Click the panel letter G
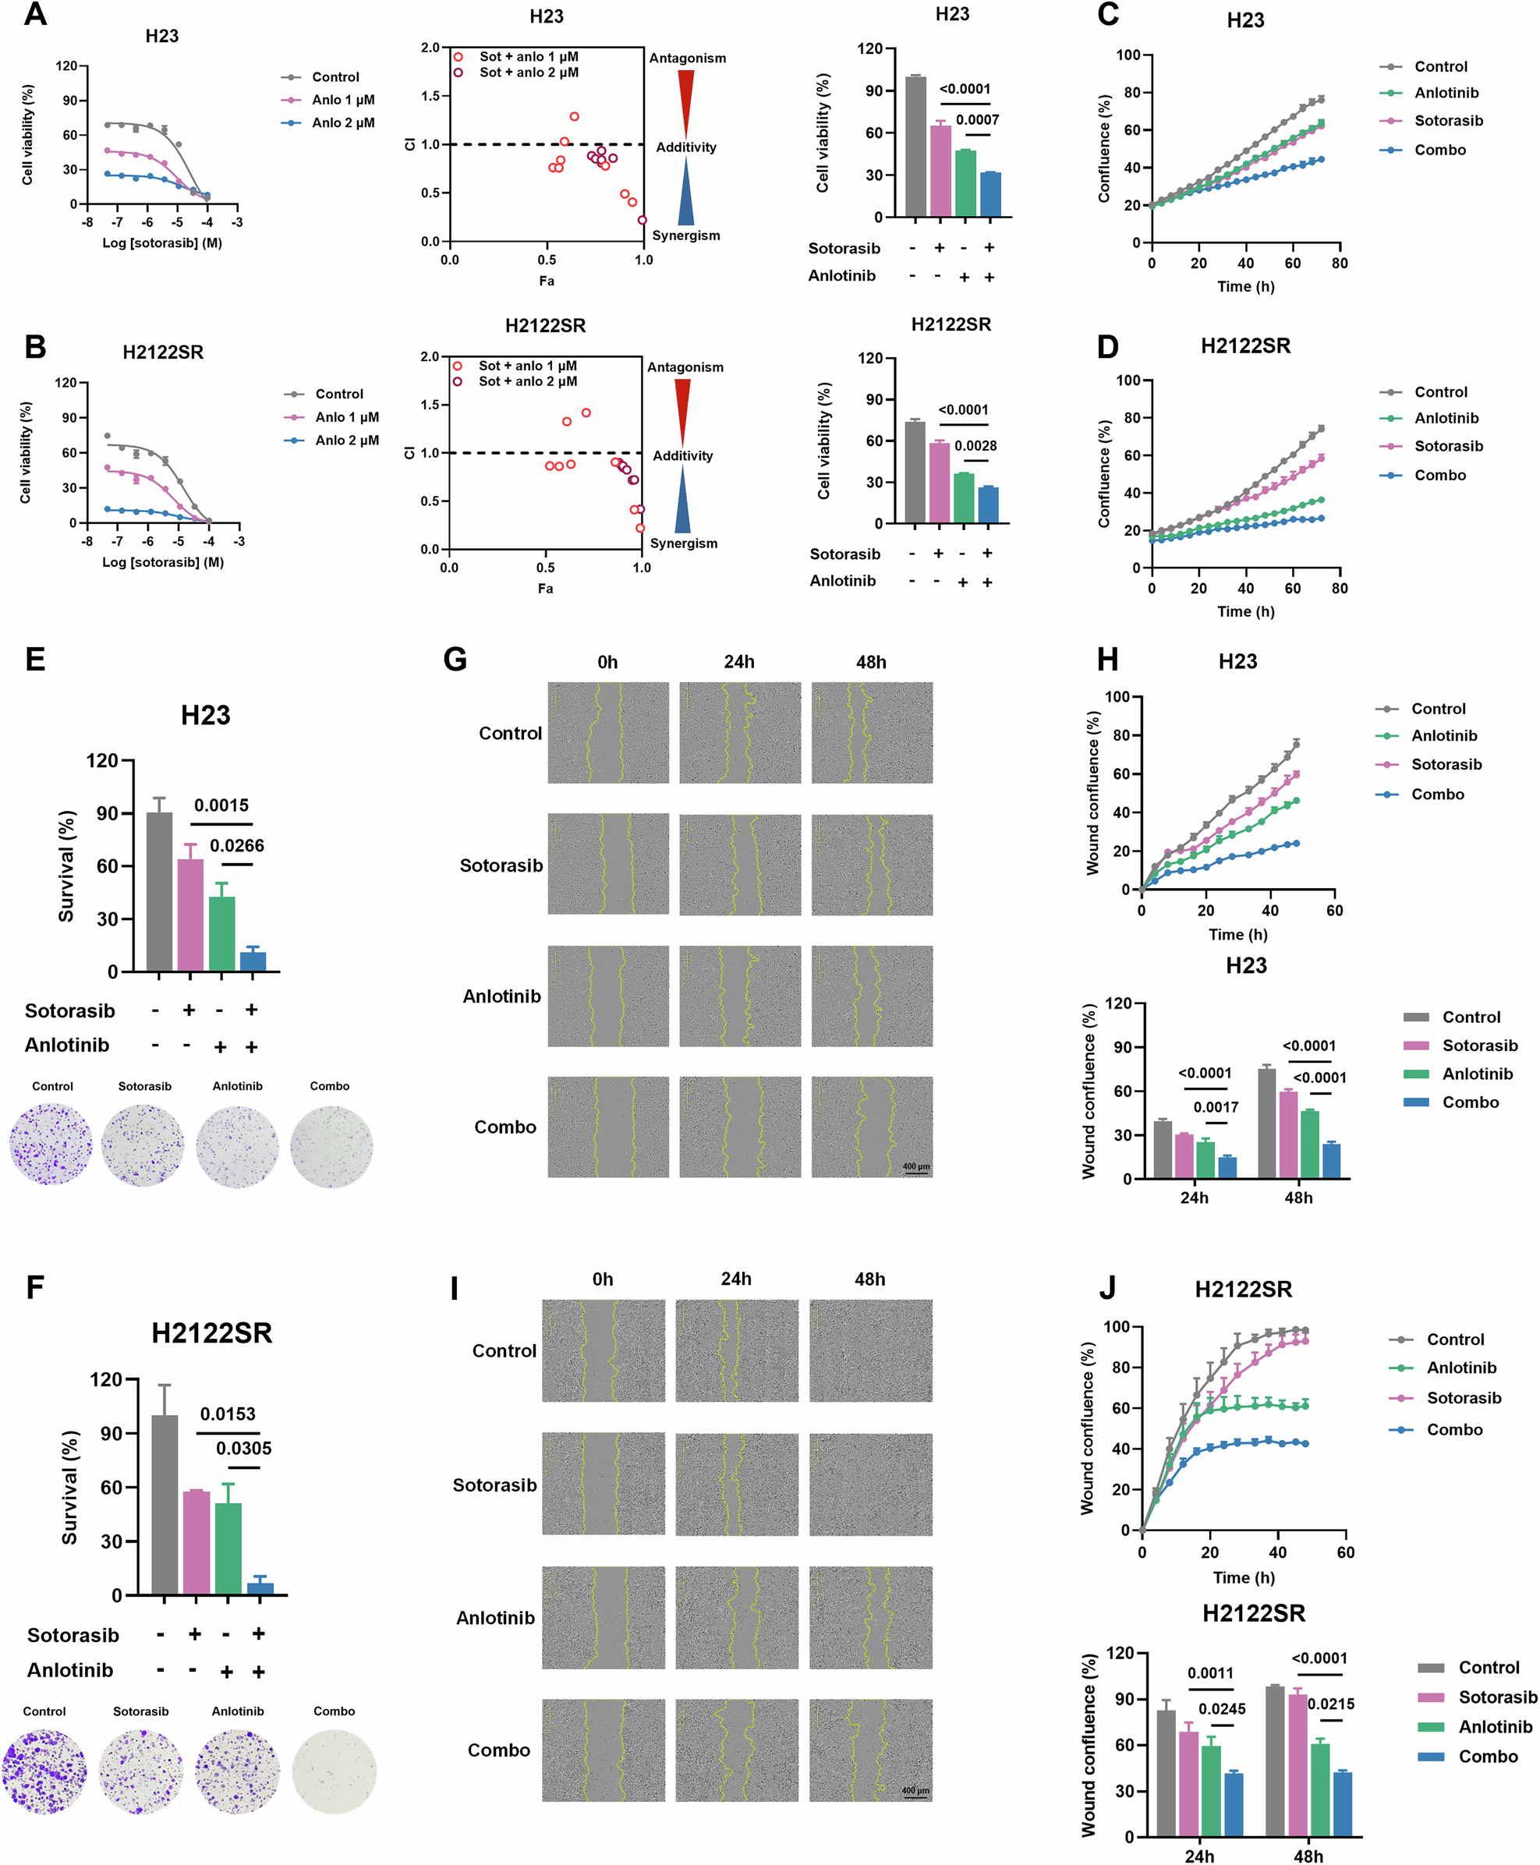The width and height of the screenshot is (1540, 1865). (x=455, y=660)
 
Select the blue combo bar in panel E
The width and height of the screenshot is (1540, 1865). (x=253, y=961)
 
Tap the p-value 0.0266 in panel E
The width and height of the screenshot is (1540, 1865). (x=237, y=845)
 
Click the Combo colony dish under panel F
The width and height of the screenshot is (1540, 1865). (x=334, y=1771)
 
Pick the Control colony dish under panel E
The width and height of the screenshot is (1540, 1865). (x=51, y=1145)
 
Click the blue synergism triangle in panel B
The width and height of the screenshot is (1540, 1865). (x=682, y=502)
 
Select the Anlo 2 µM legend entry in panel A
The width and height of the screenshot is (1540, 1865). (x=342, y=122)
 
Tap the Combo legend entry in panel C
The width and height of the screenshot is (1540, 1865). (x=1439, y=150)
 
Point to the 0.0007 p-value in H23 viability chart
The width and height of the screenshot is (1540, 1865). (x=977, y=120)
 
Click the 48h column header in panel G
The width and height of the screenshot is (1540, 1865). (x=870, y=663)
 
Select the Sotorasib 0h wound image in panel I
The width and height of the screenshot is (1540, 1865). (x=604, y=1485)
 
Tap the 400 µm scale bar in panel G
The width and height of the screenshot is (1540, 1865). (x=915, y=1169)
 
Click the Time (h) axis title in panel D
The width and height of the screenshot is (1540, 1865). (x=1244, y=611)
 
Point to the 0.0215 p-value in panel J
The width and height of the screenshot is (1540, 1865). (x=1331, y=1704)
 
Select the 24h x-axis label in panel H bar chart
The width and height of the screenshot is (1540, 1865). (x=1193, y=1198)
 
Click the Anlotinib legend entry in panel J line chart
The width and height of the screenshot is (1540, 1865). (x=1460, y=1368)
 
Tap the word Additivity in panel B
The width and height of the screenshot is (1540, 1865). (x=682, y=456)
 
